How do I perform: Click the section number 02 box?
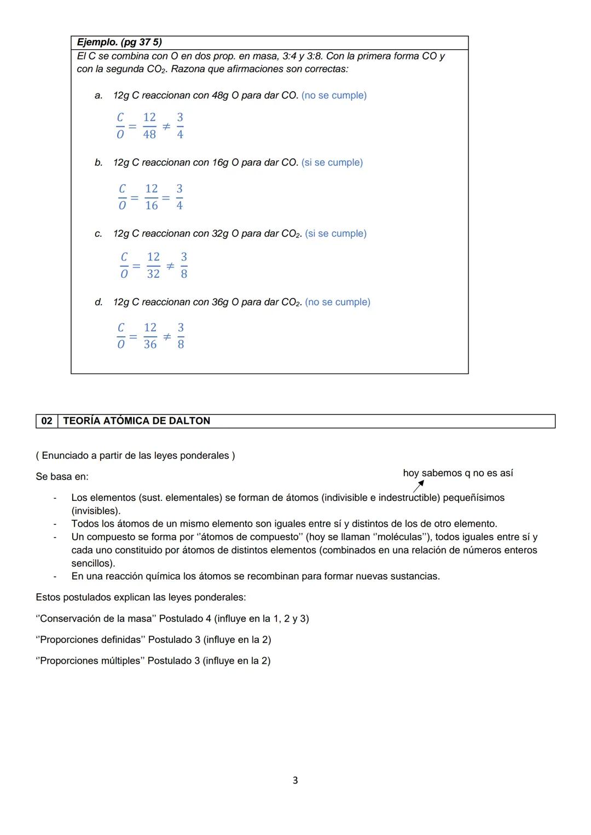pyautogui.click(x=47, y=421)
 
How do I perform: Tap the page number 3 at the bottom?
pyautogui.click(x=296, y=780)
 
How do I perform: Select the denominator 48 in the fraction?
pyautogui.click(x=149, y=135)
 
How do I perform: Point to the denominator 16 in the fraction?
pyautogui.click(x=152, y=206)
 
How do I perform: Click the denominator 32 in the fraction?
pyautogui.click(x=153, y=274)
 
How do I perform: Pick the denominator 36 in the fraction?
pyautogui.click(x=150, y=344)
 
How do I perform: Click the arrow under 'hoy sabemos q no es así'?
pyautogui.click(x=419, y=486)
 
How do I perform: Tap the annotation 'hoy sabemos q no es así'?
pyautogui.click(x=457, y=473)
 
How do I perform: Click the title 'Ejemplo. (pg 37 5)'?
pyautogui.click(x=119, y=43)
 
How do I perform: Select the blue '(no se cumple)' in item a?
pyautogui.click(x=334, y=95)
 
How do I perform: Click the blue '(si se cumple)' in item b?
pyautogui.click(x=332, y=162)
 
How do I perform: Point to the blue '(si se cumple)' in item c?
pyautogui.click(x=335, y=233)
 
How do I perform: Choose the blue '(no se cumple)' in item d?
pyautogui.click(x=338, y=302)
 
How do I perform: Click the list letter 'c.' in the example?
pyautogui.click(x=99, y=233)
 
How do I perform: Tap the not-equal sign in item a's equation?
pyautogui.click(x=166, y=126)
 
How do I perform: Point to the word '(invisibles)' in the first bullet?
pyautogui.click(x=96, y=511)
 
